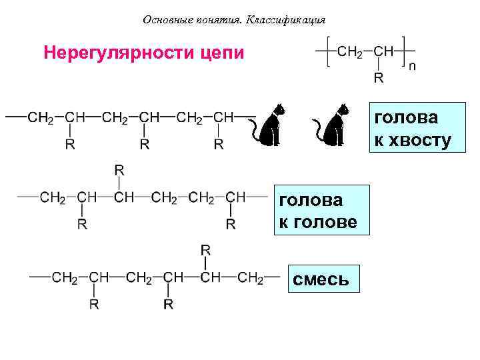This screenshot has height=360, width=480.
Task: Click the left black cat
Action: click(x=272, y=124)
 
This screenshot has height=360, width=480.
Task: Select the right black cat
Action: click(x=333, y=124)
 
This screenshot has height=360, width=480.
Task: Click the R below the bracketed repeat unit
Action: click(x=378, y=79)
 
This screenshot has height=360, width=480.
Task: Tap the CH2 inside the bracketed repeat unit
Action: click(x=350, y=51)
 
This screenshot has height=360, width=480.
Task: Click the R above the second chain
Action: click(x=119, y=171)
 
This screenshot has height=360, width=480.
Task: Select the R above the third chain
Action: click(x=205, y=250)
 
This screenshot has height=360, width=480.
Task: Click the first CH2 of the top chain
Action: click(x=41, y=117)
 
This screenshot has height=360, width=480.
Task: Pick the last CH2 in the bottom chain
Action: click(x=250, y=277)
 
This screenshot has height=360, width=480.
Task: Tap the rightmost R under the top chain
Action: click(x=218, y=144)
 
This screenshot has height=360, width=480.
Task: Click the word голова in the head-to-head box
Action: click(x=311, y=200)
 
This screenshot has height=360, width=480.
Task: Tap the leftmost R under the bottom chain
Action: click(x=94, y=304)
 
